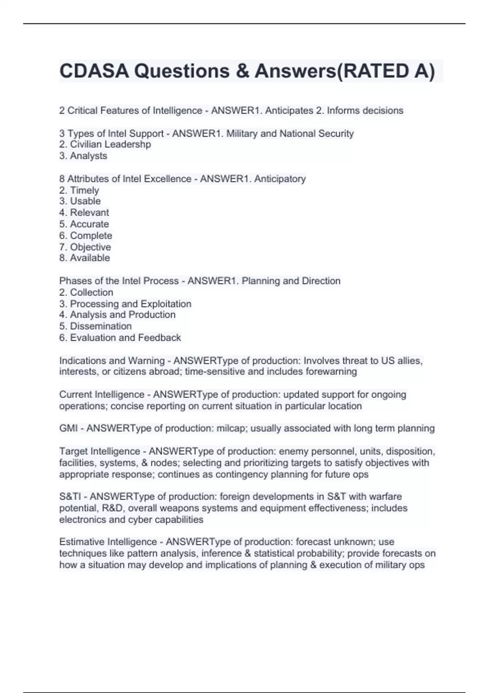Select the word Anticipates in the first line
click(289, 110)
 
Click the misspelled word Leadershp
click(128, 144)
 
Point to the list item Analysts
click(88, 156)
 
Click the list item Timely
click(84, 190)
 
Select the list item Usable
click(85, 201)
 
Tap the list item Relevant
click(89, 212)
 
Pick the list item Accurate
click(89, 224)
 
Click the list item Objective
click(90, 247)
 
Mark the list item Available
click(90, 258)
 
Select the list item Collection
click(91, 292)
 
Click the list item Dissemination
click(101, 326)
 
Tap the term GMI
click(68, 428)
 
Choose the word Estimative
click(81, 542)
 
